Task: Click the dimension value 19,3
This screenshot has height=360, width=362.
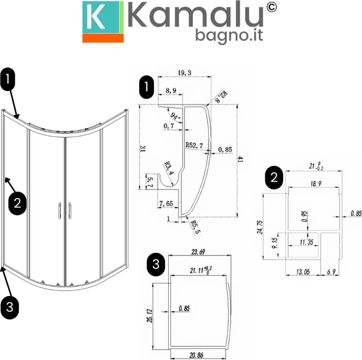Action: click(184, 72)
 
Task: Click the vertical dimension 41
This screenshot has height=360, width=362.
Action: click(240, 159)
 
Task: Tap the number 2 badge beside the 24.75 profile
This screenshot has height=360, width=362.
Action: click(274, 178)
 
